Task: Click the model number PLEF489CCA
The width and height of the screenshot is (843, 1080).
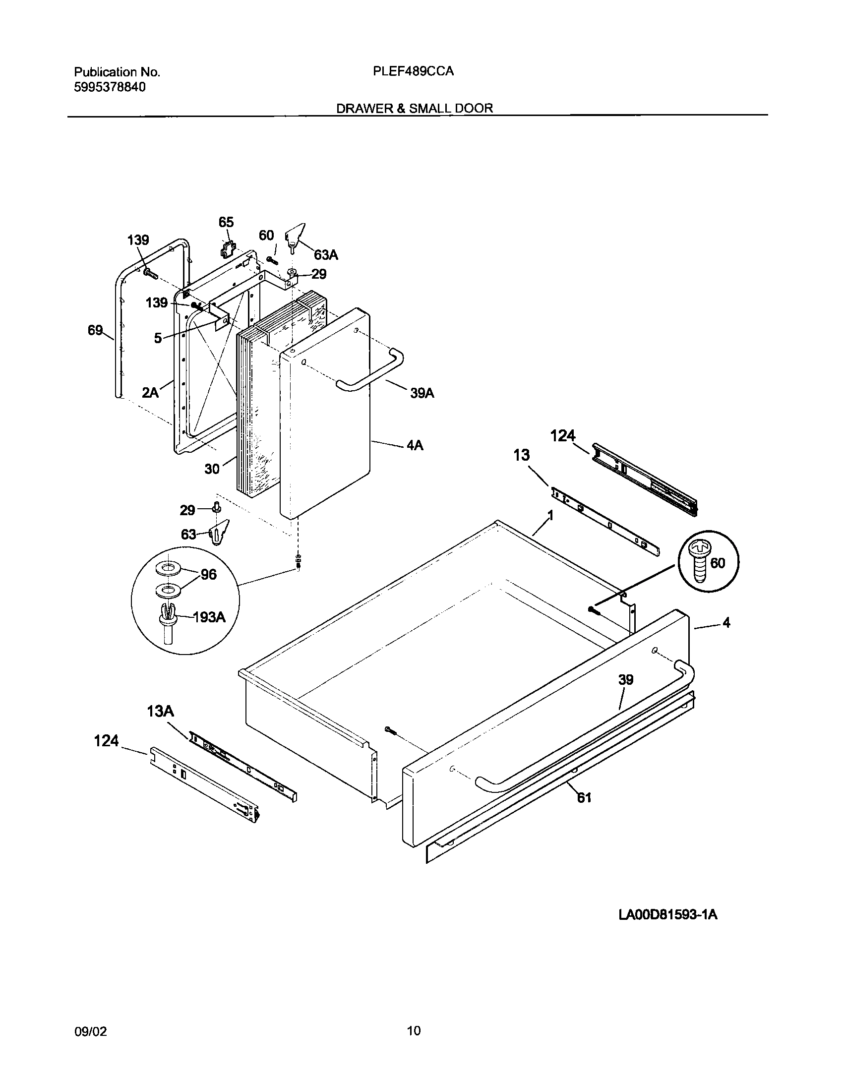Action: pos(413,71)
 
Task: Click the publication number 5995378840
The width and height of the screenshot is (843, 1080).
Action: pos(110,87)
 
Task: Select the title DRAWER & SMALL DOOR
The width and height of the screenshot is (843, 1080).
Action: pos(415,108)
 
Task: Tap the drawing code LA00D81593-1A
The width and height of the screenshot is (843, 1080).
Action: pos(668,915)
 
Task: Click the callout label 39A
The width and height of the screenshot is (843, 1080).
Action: pos(422,393)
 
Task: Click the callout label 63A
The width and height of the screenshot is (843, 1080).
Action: pos(326,255)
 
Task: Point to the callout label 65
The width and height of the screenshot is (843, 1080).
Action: pos(226,222)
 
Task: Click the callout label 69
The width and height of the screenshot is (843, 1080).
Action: pos(95,330)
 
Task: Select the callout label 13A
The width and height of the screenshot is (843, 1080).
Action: pos(160,712)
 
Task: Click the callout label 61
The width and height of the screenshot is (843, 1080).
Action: pos(584,797)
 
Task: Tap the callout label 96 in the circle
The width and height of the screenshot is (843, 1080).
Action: pos(208,574)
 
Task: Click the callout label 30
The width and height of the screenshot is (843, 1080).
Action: pos(212,469)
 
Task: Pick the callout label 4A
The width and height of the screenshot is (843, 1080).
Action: pos(415,445)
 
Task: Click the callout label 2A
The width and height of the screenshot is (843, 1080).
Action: pos(150,393)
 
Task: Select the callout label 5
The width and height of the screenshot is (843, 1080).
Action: pos(158,338)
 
